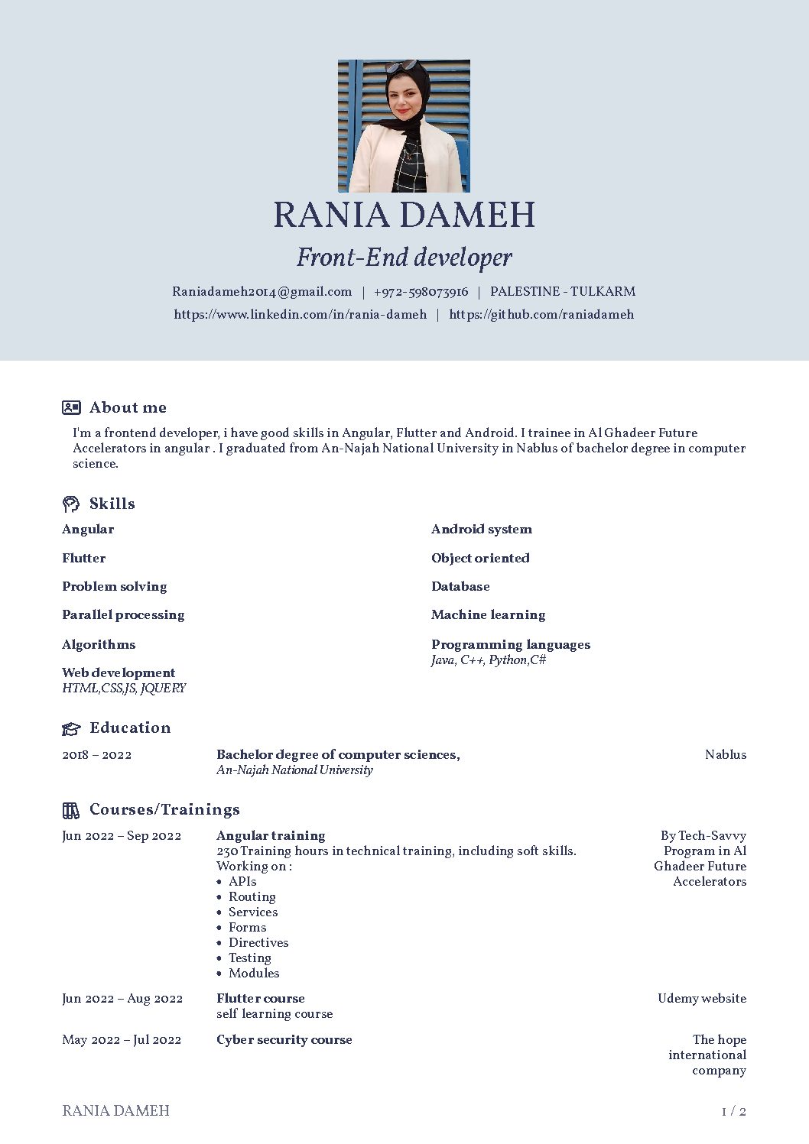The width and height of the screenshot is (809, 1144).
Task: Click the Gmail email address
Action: coord(262,291)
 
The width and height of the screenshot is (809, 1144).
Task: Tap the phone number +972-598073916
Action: coord(421,291)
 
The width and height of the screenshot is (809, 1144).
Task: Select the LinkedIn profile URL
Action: coord(300,314)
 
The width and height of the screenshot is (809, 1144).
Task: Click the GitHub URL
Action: coord(541,314)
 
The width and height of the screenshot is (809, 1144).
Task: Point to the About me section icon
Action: coord(71,407)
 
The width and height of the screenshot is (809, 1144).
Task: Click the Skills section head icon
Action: coord(71,504)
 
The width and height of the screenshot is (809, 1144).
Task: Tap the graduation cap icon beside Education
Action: coord(71,728)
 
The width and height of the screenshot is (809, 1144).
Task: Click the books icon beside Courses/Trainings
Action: coord(71,810)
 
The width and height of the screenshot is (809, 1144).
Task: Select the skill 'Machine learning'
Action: coord(488,614)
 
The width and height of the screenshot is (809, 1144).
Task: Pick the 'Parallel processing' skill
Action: coord(123,614)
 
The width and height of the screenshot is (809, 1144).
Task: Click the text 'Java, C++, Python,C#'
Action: coord(489,660)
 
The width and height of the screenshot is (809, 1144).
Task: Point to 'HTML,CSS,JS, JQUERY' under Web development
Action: coord(124,688)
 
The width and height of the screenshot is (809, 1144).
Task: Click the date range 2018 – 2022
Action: coord(96,755)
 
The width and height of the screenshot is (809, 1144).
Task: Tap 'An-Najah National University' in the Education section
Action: coord(294,770)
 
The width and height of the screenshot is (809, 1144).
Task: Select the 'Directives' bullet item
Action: coord(258,942)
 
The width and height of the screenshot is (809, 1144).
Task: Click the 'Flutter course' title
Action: coord(260,998)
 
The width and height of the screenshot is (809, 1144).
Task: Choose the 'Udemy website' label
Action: coord(701,998)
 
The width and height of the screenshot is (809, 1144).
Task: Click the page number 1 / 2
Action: coord(733,1111)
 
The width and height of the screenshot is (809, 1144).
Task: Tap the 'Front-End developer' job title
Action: coord(404,258)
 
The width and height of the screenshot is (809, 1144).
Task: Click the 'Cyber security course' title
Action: coord(284,1039)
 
